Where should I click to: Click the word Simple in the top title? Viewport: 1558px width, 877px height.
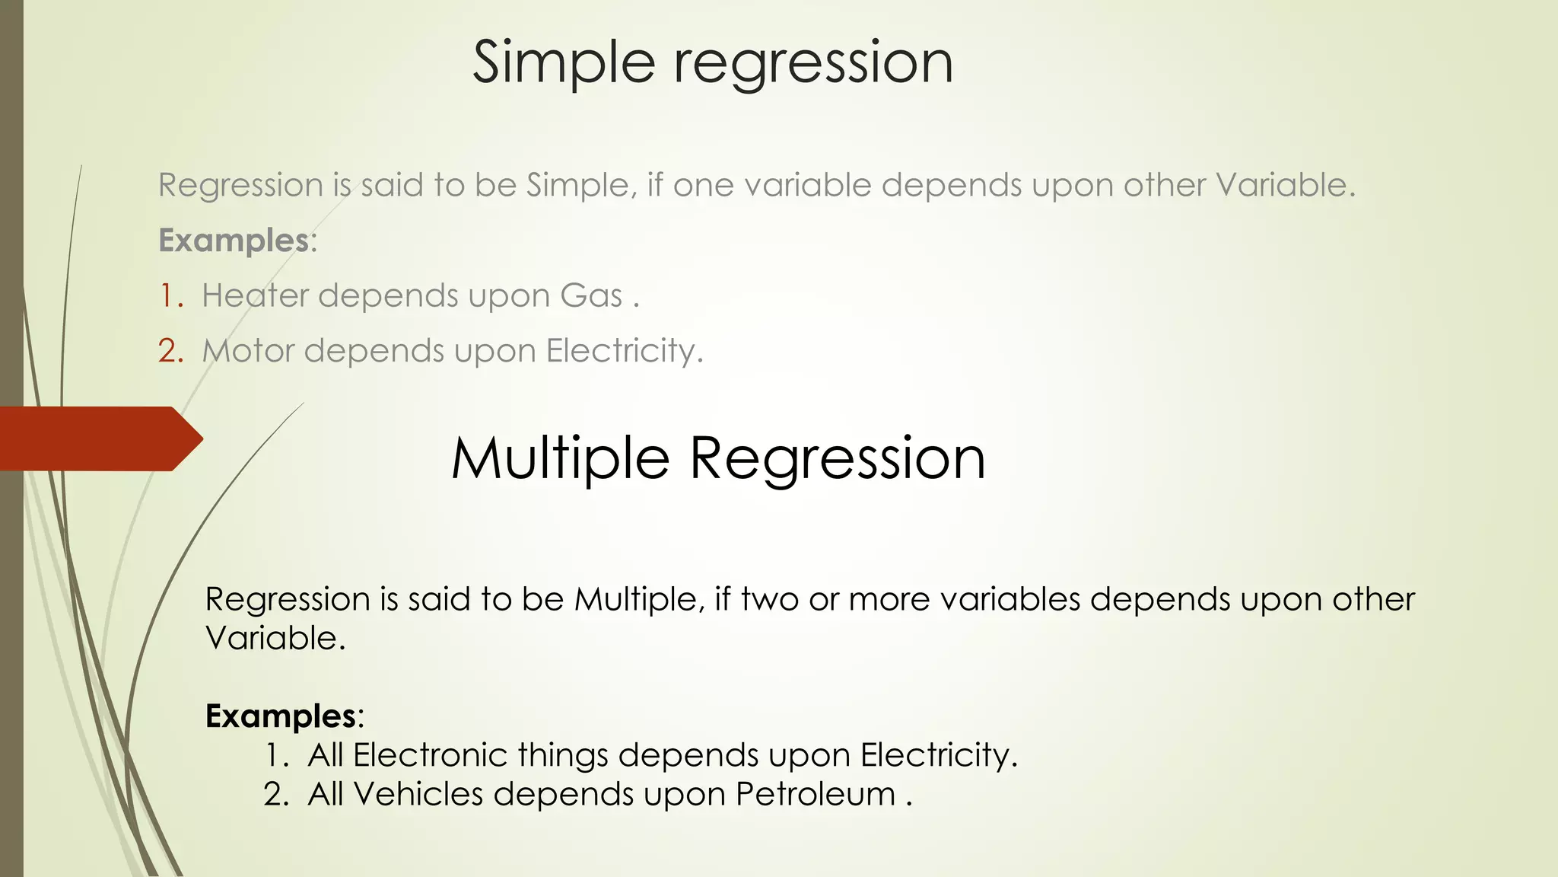[x=564, y=62]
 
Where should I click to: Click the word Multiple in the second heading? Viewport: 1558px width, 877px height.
[x=561, y=459]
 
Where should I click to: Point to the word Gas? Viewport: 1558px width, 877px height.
[x=591, y=295]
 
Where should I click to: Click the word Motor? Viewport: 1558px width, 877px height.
[x=248, y=351]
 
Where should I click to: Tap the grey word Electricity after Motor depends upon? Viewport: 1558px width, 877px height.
[x=624, y=351]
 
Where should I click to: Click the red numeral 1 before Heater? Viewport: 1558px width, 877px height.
[x=170, y=295]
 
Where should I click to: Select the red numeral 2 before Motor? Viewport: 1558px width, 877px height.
[x=170, y=351]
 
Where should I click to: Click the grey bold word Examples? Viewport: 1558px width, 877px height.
[x=234, y=241]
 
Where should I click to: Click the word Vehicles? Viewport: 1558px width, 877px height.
[x=418, y=794]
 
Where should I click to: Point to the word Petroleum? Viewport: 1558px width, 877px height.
[x=816, y=794]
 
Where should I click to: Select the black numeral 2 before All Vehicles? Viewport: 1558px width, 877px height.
[x=275, y=794]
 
